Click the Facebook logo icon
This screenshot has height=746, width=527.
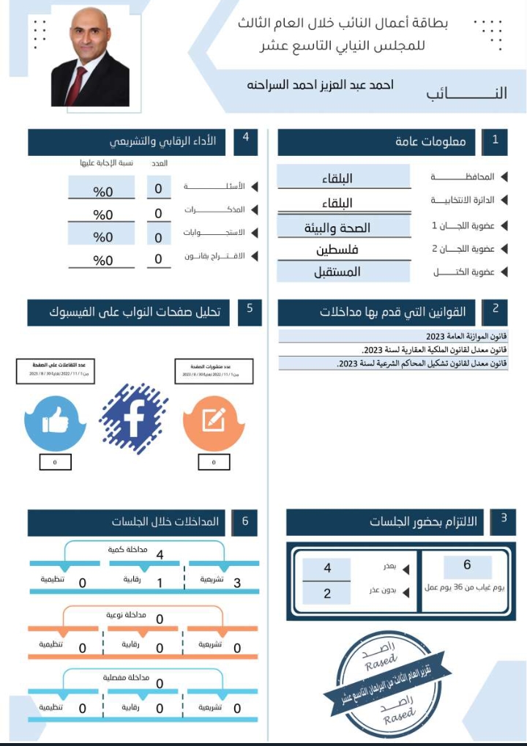coord(133,419)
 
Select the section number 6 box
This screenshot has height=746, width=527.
coord(245,522)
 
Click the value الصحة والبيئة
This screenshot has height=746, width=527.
coord(337,228)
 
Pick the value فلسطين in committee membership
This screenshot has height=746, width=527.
coord(337,250)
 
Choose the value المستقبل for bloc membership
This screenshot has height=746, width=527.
coord(337,272)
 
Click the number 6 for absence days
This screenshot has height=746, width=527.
coord(467,565)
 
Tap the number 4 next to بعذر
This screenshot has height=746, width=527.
coord(327,568)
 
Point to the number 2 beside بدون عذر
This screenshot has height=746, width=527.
coord(327,593)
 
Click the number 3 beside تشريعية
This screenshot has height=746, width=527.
coord(236,583)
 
